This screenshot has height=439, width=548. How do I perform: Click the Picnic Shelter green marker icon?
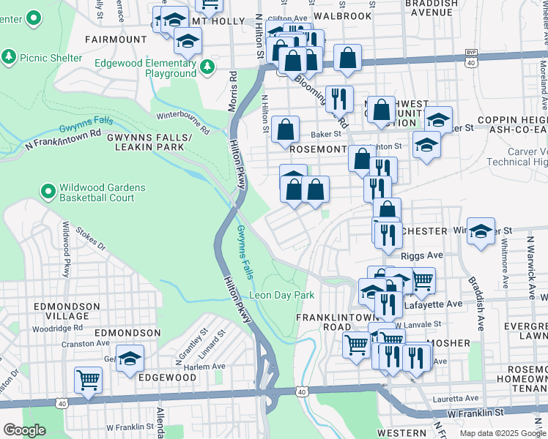[x=9, y=57]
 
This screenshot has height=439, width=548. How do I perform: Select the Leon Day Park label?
[x=282, y=295]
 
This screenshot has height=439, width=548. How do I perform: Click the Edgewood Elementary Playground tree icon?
[x=207, y=68]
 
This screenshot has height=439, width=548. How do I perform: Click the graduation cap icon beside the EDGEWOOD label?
[x=130, y=358]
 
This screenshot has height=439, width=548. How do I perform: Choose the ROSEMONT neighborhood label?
[x=317, y=149]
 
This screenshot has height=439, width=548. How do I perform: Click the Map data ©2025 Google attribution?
[x=502, y=433]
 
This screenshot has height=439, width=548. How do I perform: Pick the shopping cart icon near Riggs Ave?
[x=421, y=279]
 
